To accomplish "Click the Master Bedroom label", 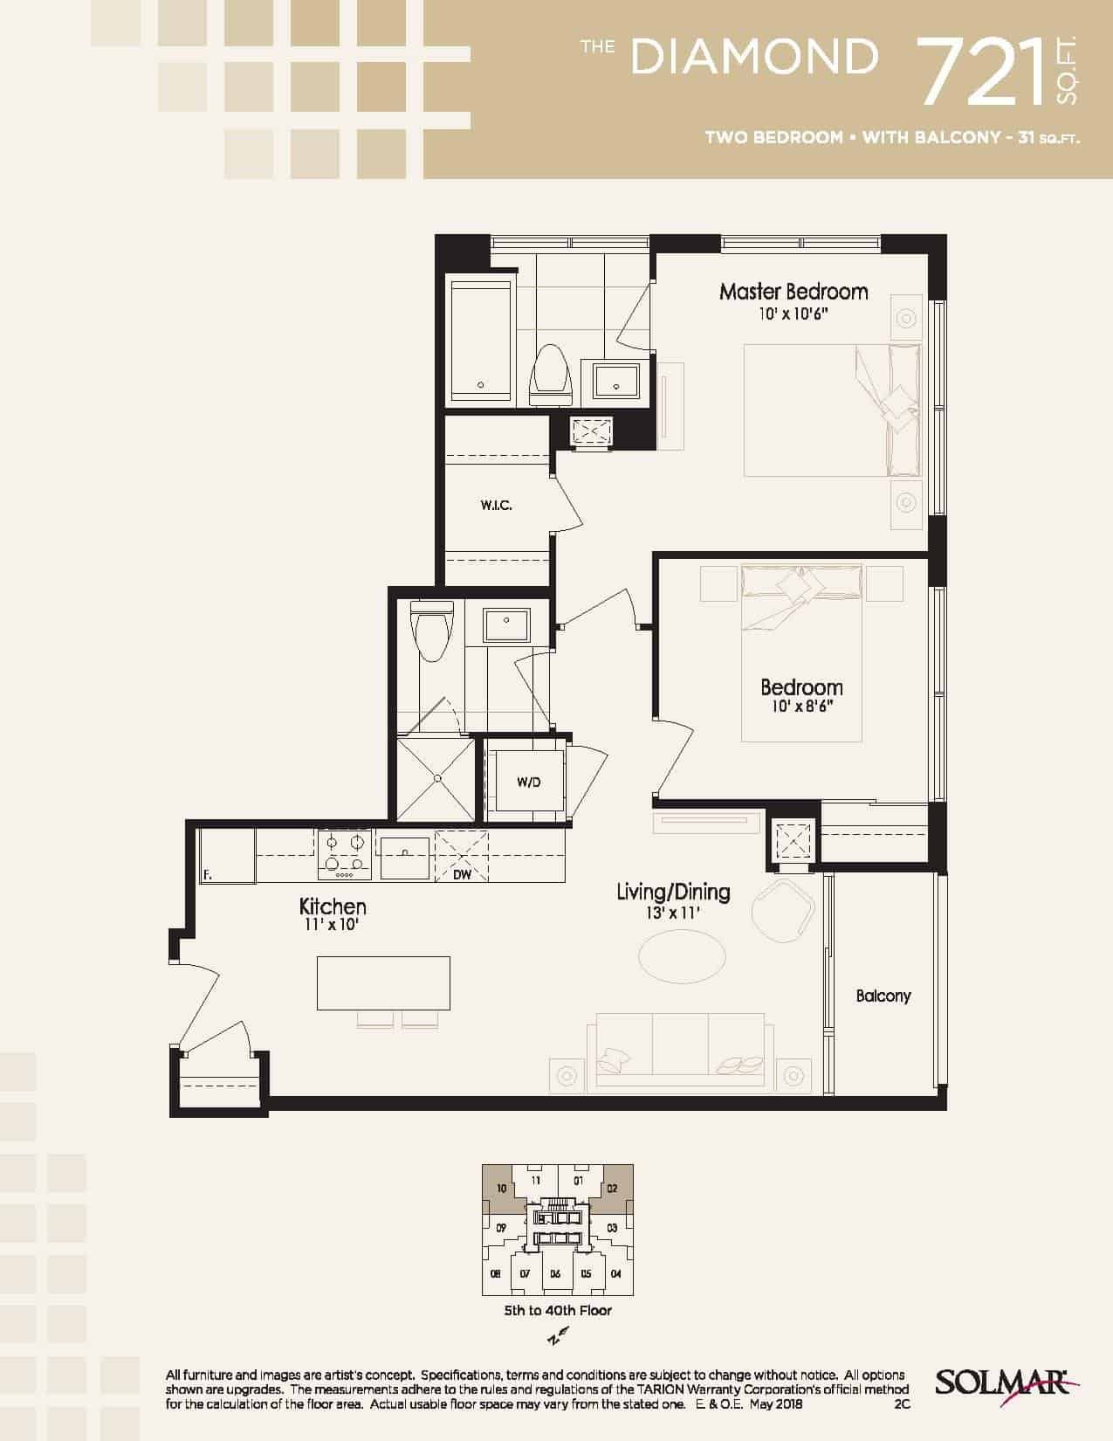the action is (794, 292).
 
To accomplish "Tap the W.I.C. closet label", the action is (496, 506).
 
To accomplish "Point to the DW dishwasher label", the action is (462, 875).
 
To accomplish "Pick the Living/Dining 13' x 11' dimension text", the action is (673, 914).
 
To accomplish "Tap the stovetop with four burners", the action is (345, 855).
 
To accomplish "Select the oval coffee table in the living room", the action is (682, 956).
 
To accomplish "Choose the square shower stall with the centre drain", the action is (436, 778).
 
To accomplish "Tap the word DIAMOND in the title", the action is (753, 57).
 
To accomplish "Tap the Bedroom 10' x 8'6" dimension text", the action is (801, 707).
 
